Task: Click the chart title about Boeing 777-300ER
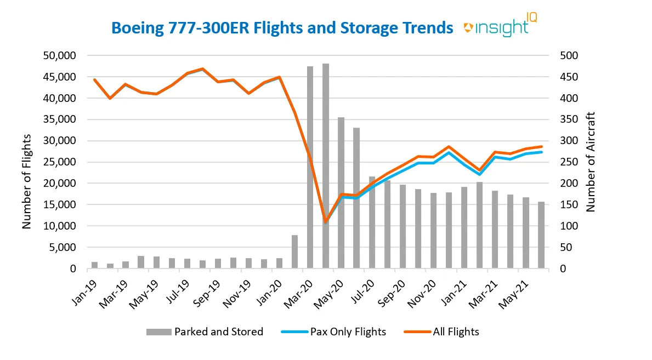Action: (x=282, y=28)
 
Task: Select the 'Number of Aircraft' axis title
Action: (x=591, y=162)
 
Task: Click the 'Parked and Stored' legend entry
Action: (x=204, y=332)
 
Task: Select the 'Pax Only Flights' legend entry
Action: (x=334, y=332)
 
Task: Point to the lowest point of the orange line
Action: (x=326, y=221)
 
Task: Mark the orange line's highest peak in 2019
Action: (x=202, y=69)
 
